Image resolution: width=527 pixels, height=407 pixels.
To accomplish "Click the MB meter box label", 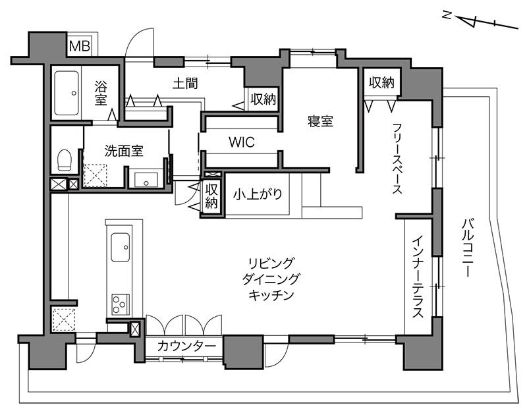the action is [79, 45].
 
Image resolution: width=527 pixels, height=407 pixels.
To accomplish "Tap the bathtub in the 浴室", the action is [67, 93].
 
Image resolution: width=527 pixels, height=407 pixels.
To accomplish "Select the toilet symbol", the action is [64, 160].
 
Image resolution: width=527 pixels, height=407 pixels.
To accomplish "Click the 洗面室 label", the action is [124, 151].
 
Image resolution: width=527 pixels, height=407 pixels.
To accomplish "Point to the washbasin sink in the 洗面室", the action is [146, 180].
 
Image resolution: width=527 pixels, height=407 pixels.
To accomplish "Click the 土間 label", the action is [185, 83].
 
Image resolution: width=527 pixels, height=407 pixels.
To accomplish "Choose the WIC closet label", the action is [242, 142].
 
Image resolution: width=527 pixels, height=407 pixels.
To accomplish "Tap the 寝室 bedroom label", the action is [320, 121].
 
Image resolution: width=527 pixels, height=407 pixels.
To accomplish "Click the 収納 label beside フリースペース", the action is [381, 82].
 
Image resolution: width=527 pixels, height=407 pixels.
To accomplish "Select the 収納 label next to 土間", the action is [263, 99].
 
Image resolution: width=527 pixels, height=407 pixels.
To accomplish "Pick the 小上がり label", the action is [258, 194].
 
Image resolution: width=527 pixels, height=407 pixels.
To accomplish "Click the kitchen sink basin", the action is [121, 247].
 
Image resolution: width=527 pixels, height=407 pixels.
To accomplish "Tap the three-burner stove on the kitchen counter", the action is [121, 304].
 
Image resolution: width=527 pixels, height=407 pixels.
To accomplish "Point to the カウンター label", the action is [186, 346].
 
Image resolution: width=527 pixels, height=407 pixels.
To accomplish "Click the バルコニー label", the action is [468, 248].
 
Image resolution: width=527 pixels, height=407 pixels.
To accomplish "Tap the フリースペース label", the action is [397, 158].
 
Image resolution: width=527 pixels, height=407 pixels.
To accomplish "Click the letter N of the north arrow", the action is [447, 15].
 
